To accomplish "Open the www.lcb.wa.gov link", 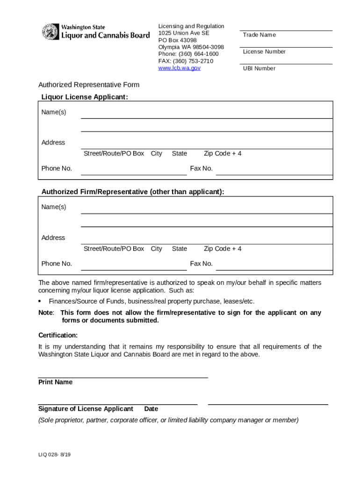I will click(x=179, y=68).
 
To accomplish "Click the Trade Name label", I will click(x=259, y=35).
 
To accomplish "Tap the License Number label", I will click(x=264, y=51).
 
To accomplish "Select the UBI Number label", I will click(x=259, y=68).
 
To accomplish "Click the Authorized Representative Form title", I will click(x=89, y=85).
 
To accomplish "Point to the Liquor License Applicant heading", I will click(x=85, y=97).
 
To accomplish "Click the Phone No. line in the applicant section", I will click(x=134, y=172).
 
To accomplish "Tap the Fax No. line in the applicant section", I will click(x=274, y=172).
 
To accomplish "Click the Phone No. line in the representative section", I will click(x=134, y=267).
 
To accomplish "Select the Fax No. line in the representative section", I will click(x=274, y=267).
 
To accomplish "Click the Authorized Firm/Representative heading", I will click(x=133, y=192).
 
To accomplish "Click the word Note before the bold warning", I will click(x=46, y=312).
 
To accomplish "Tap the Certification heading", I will click(x=58, y=335).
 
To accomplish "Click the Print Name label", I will click(x=55, y=382).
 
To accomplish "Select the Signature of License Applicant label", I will click(x=86, y=409).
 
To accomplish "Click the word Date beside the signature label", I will click(x=151, y=409).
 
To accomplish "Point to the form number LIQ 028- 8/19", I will click(x=55, y=455).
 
